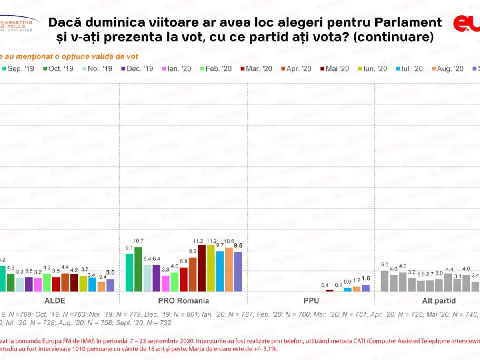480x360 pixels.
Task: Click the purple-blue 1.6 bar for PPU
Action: (366, 288)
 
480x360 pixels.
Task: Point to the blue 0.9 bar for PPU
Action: (348, 289)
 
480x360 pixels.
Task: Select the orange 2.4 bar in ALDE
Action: (102, 286)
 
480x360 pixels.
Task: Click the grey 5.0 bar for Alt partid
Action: (384, 281)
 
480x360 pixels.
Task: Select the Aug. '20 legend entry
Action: (448, 69)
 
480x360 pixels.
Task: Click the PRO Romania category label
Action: (184, 301)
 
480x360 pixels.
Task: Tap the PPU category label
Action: (312, 301)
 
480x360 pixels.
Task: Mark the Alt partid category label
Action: (434, 301)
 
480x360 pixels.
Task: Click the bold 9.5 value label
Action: (238, 246)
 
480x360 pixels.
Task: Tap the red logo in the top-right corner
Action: (466, 24)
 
